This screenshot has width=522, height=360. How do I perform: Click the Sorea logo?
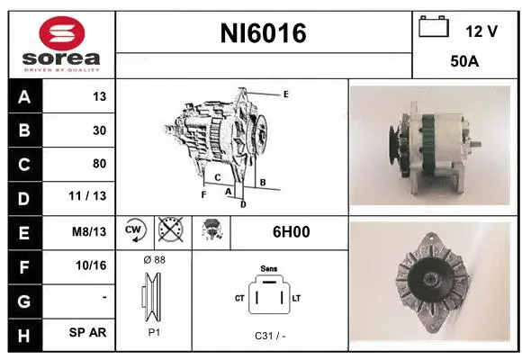click(x=59, y=42)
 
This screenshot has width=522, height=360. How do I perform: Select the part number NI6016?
click(x=264, y=33)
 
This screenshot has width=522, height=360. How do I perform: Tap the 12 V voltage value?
click(x=481, y=31)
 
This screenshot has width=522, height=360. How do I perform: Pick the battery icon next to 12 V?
click(x=435, y=28)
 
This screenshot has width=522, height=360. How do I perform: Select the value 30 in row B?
click(x=99, y=130)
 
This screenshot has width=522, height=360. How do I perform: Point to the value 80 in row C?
click(x=99, y=164)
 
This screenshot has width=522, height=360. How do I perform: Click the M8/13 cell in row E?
click(x=90, y=231)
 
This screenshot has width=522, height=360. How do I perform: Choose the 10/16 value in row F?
click(x=93, y=265)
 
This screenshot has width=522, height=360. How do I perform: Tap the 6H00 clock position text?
click(x=291, y=231)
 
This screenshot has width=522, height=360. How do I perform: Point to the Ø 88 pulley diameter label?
click(x=154, y=259)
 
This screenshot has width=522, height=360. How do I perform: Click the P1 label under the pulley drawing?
click(x=154, y=331)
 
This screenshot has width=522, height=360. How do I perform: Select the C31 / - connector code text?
click(x=270, y=336)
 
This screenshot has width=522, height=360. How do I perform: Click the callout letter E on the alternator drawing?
click(x=285, y=94)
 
